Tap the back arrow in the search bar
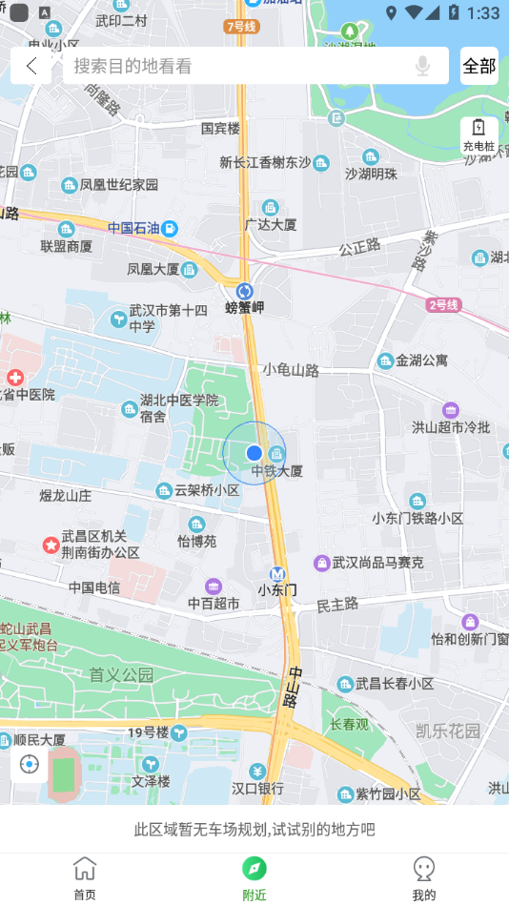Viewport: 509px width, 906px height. pyautogui.click(x=31, y=66)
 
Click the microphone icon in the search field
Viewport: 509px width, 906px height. pyautogui.click(x=422, y=66)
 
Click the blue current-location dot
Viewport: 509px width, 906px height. pyautogui.click(x=254, y=453)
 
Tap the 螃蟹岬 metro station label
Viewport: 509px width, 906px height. pyautogui.click(x=245, y=307)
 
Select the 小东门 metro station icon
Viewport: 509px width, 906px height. pyautogui.click(x=277, y=574)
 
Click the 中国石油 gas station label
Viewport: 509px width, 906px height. pyautogui.click(x=133, y=228)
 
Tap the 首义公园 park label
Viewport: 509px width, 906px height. pyautogui.click(x=121, y=675)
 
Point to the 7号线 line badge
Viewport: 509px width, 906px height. pyautogui.click(x=242, y=27)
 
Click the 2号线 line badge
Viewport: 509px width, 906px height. pyautogui.click(x=444, y=305)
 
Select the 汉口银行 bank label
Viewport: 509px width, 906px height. pyautogui.click(x=257, y=789)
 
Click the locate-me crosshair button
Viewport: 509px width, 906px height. pyautogui.click(x=30, y=765)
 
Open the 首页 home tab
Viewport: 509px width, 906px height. pyautogui.click(x=85, y=877)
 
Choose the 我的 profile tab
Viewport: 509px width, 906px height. pyautogui.click(x=424, y=877)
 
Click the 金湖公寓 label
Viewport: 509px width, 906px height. pyautogui.click(x=421, y=360)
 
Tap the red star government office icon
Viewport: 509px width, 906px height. pyautogui.click(x=51, y=545)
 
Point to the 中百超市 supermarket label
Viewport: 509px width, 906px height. pyautogui.click(x=214, y=603)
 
